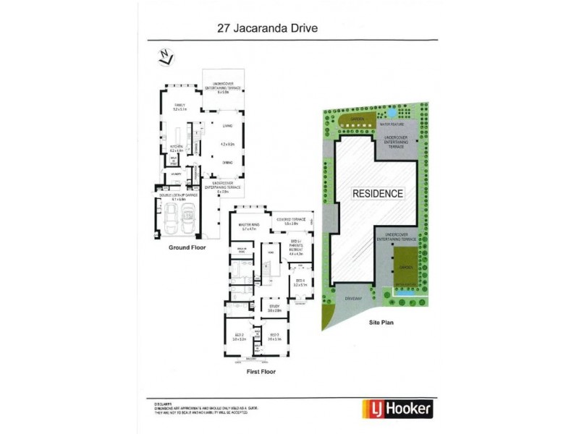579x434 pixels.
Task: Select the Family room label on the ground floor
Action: coord(179,106)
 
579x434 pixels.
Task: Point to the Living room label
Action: coord(227,124)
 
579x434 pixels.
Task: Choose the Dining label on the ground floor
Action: coord(227,163)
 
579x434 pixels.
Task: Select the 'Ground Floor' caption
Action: coord(187,247)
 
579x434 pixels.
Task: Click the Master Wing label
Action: coord(249,226)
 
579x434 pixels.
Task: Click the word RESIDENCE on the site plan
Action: coord(377,194)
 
